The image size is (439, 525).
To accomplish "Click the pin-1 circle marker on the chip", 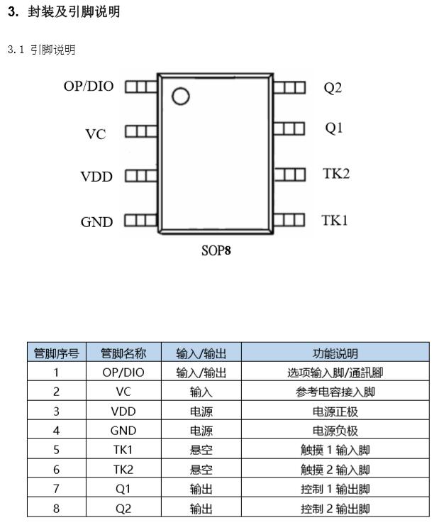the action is click(181, 96).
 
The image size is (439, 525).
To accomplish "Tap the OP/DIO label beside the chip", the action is click(89, 87).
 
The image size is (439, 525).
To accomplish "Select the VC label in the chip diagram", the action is click(96, 134).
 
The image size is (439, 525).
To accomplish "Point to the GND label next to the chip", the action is click(96, 222).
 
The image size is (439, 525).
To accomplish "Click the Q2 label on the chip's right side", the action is click(333, 88).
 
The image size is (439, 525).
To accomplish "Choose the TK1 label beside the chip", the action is click(335, 221).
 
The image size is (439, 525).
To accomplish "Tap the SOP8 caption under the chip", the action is click(216, 250).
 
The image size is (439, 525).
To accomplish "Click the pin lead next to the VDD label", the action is click(141, 176).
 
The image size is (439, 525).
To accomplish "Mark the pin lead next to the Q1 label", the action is click(289, 128).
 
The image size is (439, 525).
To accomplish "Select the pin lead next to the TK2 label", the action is click(289, 175).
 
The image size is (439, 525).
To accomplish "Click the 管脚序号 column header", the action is click(57, 353).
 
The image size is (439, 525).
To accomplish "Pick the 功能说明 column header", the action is click(335, 353).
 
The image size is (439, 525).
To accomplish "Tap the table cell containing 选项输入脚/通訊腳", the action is click(335, 372).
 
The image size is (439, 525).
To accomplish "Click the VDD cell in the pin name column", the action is click(123, 411).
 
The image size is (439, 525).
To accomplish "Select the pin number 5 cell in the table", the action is click(56, 450).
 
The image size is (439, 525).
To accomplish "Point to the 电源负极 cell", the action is click(335, 431).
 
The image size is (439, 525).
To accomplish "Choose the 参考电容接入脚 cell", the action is click(335, 392).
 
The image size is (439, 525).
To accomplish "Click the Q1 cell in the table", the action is click(123, 489).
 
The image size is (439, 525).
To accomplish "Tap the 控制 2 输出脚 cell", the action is click(335, 508).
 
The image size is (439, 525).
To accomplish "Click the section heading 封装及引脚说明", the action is click(74, 12).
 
